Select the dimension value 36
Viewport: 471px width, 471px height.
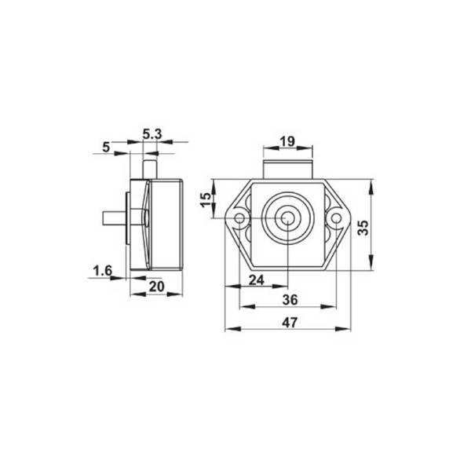(x=288, y=299)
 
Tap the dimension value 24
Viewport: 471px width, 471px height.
(x=257, y=279)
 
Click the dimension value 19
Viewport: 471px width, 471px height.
(x=287, y=141)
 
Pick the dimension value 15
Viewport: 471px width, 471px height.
(x=206, y=201)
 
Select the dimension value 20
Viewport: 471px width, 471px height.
(x=155, y=287)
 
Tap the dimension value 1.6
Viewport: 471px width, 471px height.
(x=103, y=271)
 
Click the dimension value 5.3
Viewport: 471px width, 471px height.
(x=152, y=134)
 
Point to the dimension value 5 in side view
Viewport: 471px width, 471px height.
(x=106, y=145)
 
